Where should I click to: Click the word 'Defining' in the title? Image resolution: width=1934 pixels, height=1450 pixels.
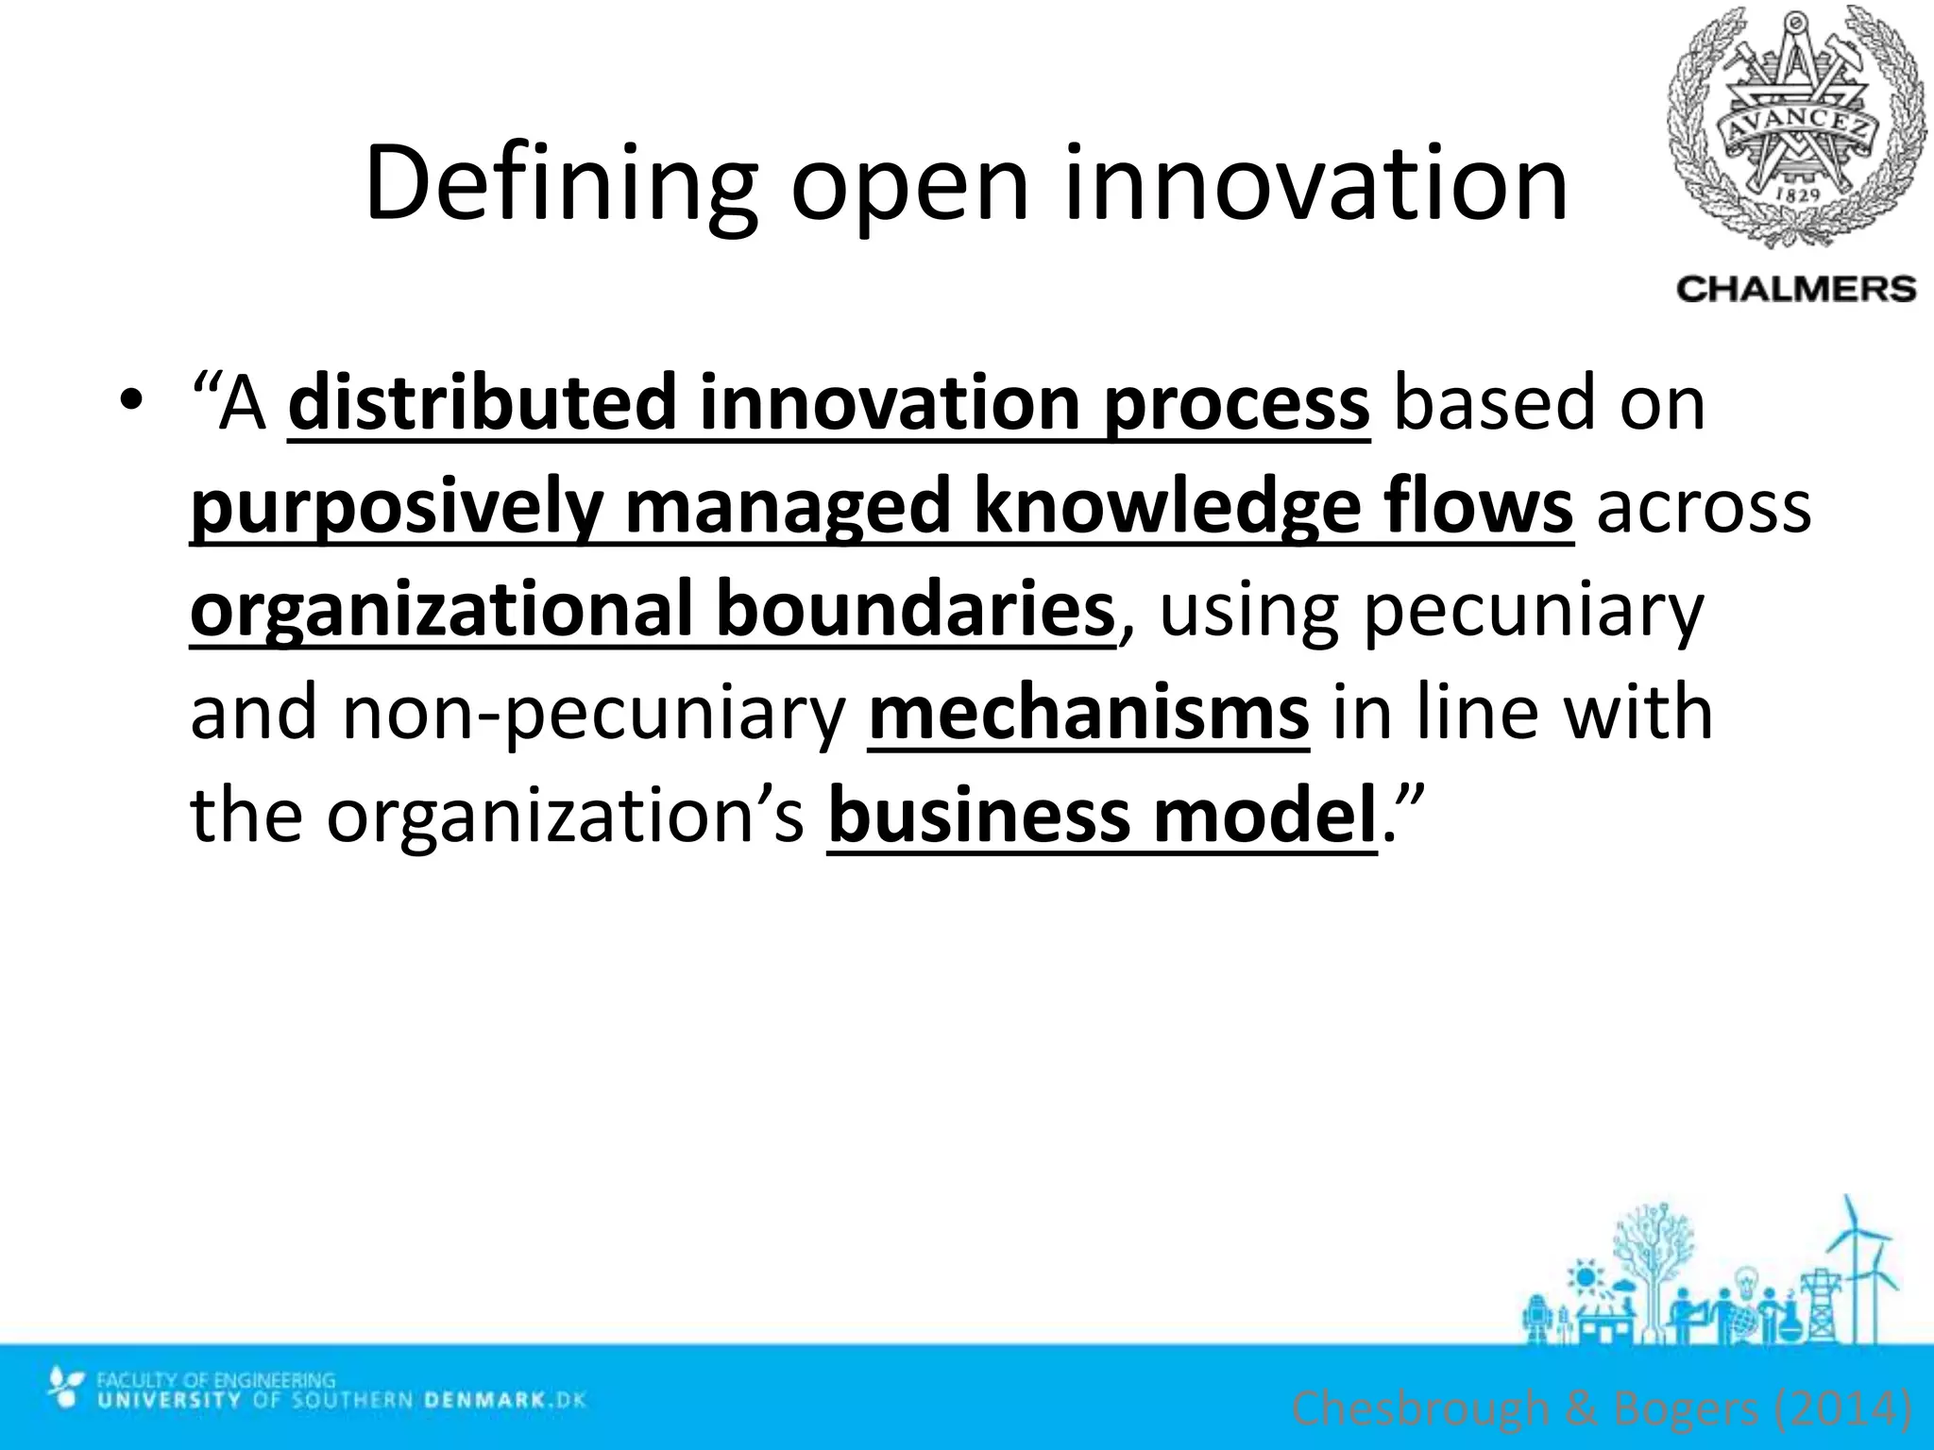(560, 184)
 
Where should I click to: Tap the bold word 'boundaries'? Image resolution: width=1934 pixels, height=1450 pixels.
(915, 609)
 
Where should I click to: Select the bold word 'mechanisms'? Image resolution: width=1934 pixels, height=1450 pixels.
(1088, 713)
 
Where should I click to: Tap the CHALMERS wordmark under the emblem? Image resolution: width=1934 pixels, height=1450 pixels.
(1796, 288)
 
